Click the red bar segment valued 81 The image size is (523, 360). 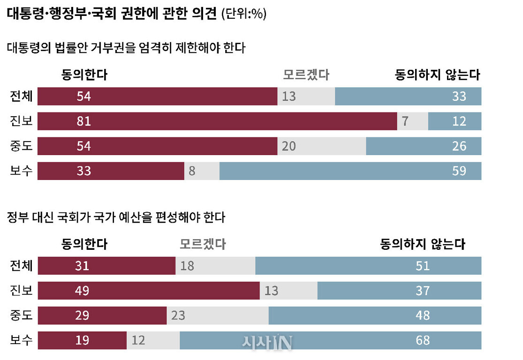click(x=217, y=121)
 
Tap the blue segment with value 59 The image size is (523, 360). click(x=350, y=171)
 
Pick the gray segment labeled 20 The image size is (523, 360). click(x=322, y=146)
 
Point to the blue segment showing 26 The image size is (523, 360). click(x=423, y=146)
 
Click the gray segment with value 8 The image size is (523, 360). click(x=202, y=171)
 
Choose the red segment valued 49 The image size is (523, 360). click(x=149, y=291)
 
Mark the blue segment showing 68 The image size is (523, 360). click(x=330, y=340)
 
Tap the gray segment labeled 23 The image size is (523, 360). click(x=218, y=315)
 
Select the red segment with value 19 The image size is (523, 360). click(x=82, y=340)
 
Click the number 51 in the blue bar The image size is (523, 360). click(x=423, y=266)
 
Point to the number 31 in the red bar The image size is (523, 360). click(x=82, y=266)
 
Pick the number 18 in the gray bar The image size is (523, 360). click(x=187, y=266)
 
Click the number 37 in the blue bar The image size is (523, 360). click(x=423, y=291)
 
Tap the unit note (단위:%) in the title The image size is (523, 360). click(x=243, y=15)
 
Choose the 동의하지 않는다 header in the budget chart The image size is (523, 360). click(x=423, y=244)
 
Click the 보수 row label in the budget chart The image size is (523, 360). click(x=22, y=340)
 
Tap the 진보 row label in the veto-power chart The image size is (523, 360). click(x=22, y=121)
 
